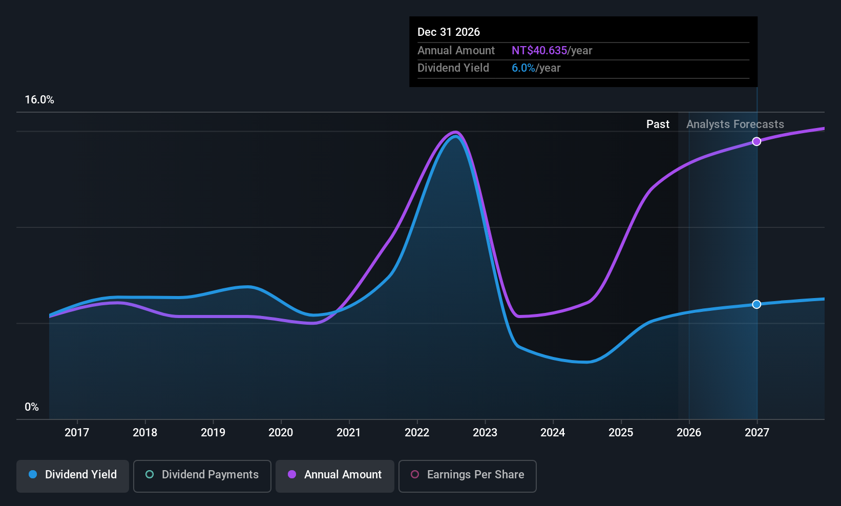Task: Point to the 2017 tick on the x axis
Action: click(77, 433)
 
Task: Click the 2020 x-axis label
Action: click(281, 433)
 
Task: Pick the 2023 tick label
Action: click(485, 433)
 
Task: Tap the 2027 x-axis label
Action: click(756, 433)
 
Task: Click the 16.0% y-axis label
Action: click(39, 100)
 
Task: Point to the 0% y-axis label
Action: click(32, 407)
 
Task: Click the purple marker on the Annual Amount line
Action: click(756, 141)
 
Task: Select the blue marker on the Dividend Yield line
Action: click(756, 304)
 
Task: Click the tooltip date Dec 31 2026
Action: click(449, 32)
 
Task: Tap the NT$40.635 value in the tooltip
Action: click(539, 51)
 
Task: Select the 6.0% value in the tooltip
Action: click(523, 68)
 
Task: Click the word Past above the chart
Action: click(658, 124)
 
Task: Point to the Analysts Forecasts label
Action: click(735, 124)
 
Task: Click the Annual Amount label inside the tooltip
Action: click(456, 51)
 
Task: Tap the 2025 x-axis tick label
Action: click(621, 433)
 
